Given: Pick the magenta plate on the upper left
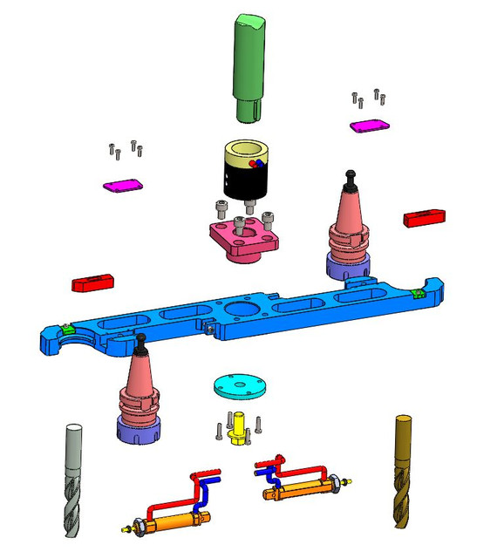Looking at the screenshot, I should [122, 185].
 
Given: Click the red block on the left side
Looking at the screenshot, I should [92, 283].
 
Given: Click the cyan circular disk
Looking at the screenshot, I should [239, 385].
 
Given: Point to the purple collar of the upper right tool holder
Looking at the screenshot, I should [348, 266].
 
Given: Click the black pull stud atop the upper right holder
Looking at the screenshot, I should [351, 176].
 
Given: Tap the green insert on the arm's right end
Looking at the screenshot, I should [418, 293].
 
